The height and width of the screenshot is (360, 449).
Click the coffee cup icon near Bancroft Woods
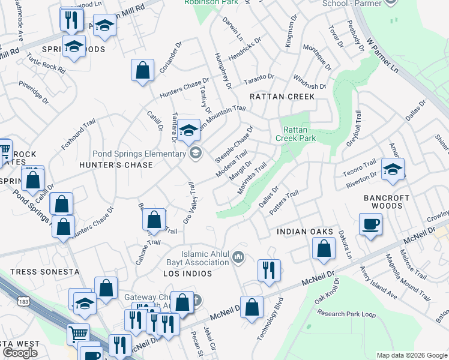coord(370,225)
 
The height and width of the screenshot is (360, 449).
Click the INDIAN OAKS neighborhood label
coord(304,232)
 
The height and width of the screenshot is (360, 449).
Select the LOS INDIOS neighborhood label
coord(187,274)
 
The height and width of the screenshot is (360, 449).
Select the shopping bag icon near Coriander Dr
coord(143,70)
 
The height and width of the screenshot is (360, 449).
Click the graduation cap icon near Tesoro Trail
coord(393,169)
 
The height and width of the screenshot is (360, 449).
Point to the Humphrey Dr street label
coord(223,71)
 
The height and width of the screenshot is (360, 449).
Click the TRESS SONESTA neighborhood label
coord(44,272)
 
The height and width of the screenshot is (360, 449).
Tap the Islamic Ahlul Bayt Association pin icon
coord(239,257)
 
